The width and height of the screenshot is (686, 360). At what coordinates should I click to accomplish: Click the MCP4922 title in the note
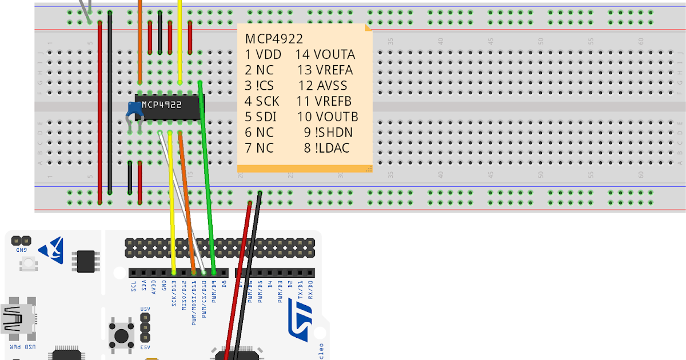pyautogui.click(x=274, y=39)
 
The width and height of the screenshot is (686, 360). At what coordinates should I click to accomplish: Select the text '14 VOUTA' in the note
pyautogui.click(x=325, y=55)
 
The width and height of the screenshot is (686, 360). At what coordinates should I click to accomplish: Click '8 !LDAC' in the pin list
pyautogui.click(x=326, y=148)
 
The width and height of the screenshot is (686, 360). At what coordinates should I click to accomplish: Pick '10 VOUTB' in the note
pyautogui.click(x=328, y=117)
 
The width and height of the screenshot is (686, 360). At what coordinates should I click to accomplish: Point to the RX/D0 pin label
pyautogui.click(x=310, y=291)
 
